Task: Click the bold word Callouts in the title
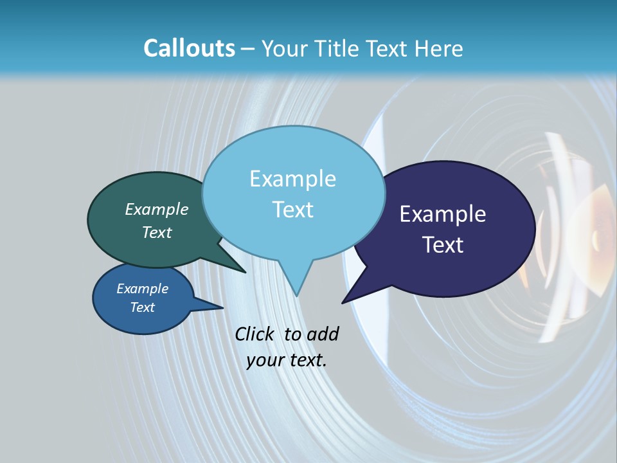[189, 48]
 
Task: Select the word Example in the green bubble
[157, 209]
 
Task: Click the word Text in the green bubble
[157, 232]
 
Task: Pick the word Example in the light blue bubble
[292, 179]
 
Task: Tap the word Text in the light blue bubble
[292, 210]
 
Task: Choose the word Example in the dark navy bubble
[443, 214]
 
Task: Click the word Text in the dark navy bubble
[443, 245]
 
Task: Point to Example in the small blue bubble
[143, 289]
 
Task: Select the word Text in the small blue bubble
[143, 307]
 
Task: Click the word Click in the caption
[256, 334]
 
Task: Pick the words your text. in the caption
[287, 360]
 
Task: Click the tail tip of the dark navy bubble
[343, 302]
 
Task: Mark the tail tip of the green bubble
[245, 272]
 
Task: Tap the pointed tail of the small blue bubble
[222, 307]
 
